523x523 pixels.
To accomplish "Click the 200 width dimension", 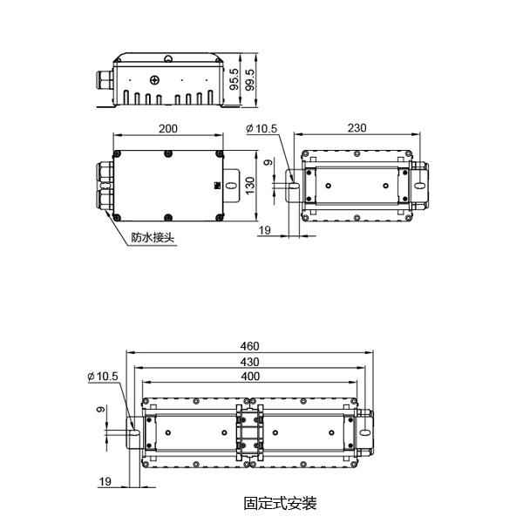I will [168, 128].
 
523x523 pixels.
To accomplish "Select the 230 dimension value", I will [357, 128].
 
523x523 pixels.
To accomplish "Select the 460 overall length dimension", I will [250, 346].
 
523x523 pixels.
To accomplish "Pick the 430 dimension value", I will [250, 362].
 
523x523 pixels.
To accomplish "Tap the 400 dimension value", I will [250, 377].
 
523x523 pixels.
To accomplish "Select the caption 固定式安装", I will [280, 503].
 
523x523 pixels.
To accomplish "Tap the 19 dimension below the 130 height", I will [266, 231].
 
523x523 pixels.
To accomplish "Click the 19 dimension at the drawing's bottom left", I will [105, 481].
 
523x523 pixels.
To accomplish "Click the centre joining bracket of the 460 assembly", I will [249, 432].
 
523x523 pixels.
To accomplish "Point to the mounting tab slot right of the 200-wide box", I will [229, 186].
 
